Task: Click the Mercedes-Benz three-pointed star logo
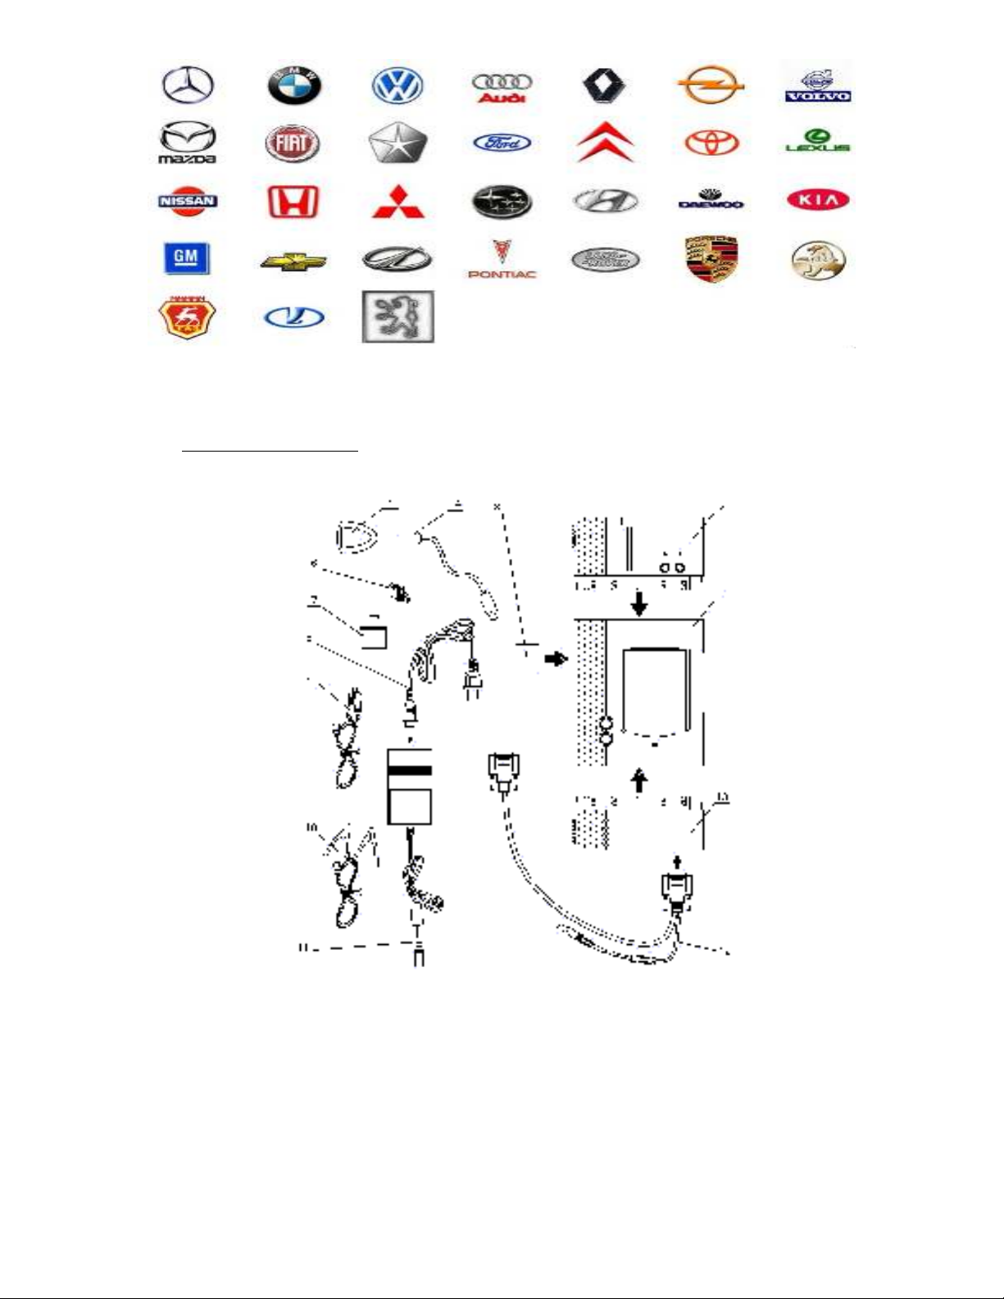pos(188,85)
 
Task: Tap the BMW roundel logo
pos(294,85)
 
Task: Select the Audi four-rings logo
pos(502,87)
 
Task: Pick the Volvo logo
pos(817,85)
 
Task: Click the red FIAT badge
pos(293,143)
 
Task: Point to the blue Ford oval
pos(502,143)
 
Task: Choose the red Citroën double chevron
pos(606,143)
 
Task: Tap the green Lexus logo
pos(817,141)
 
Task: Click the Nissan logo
pos(188,201)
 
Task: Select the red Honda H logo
pos(293,201)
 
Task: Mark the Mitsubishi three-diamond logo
pos(398,201)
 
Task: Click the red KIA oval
pos(817,200)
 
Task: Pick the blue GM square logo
pos(186,259)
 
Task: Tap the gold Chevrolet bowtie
pos(293,261)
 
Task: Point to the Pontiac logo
pos(502,259)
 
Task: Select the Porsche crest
pos(711,260)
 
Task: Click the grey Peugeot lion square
pos(398,316)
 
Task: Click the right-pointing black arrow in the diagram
pos(557,658)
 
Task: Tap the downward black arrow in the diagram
pos(639,605)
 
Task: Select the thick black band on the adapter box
pos(410,770)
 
